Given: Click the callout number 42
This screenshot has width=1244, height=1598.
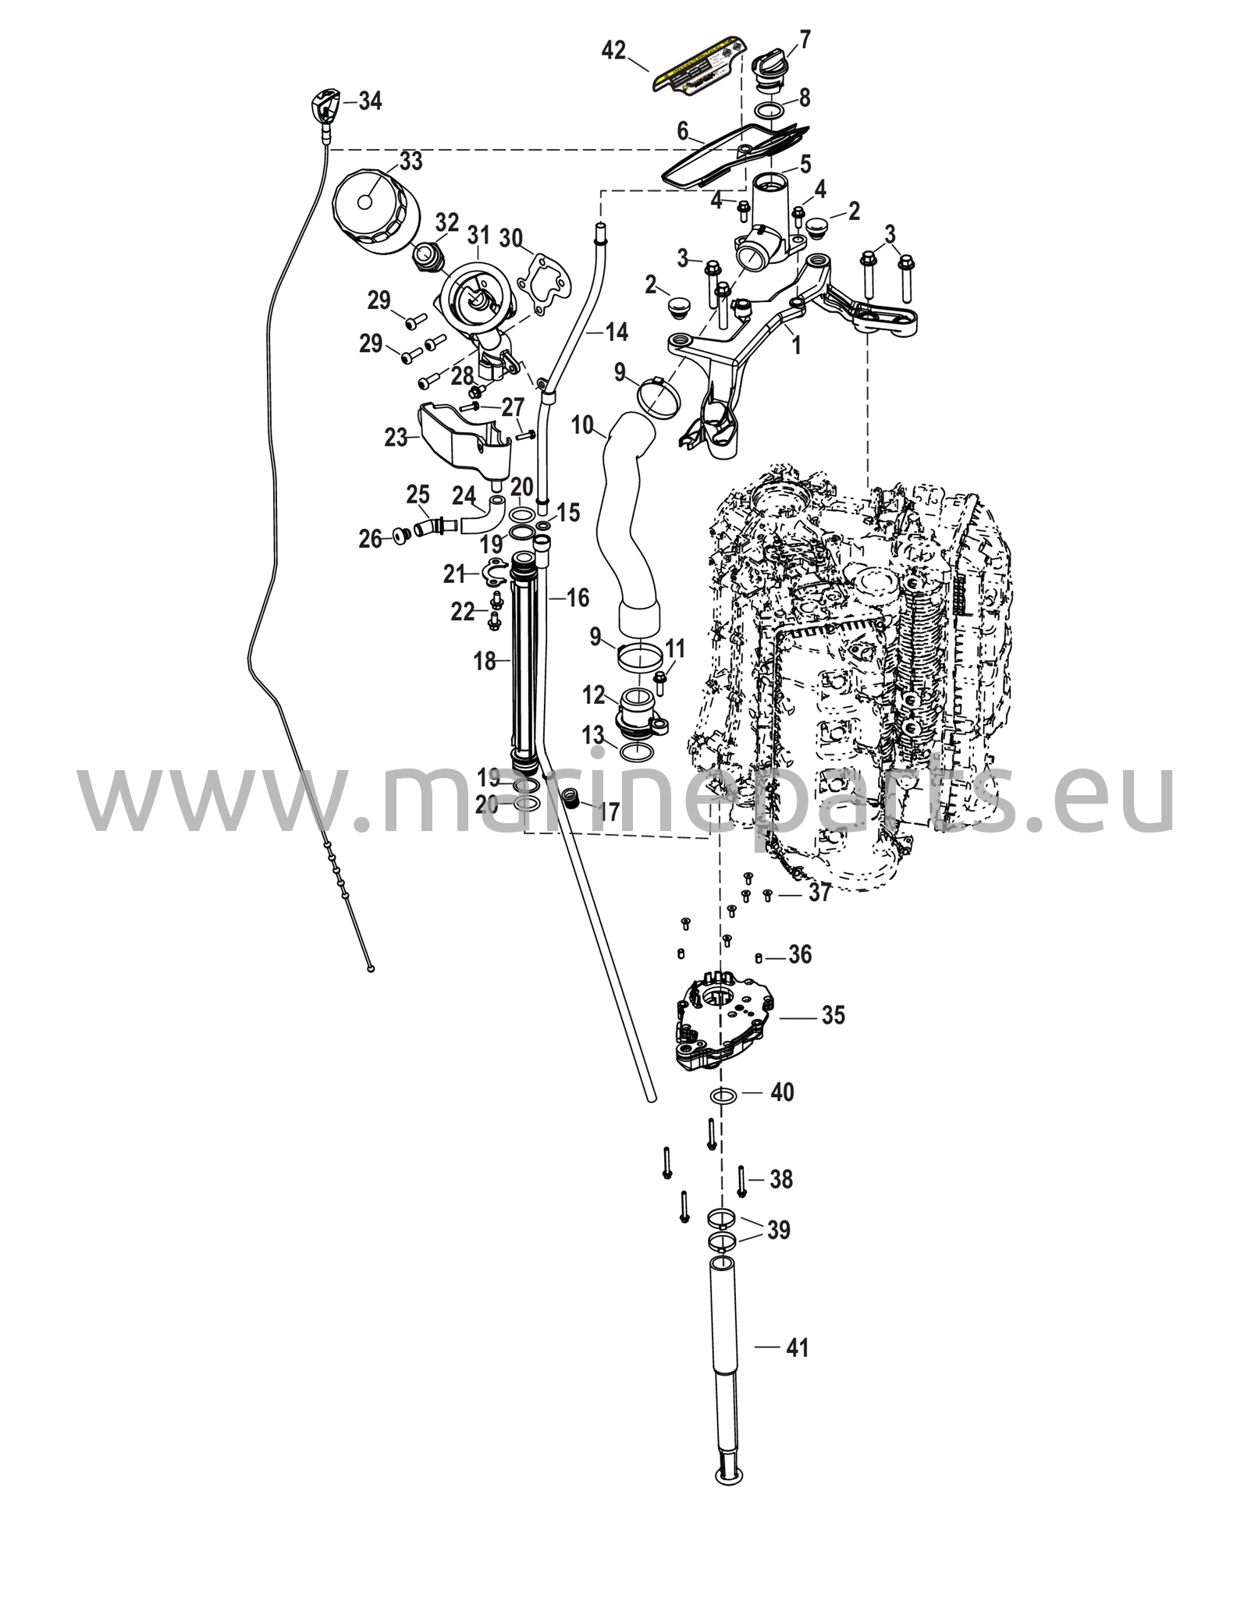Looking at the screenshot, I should [613, 51].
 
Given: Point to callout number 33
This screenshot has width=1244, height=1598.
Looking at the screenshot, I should [411, 162].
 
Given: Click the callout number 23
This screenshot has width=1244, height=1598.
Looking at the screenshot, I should [396, 438].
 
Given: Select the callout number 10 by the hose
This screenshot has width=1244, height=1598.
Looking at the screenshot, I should [582, 425].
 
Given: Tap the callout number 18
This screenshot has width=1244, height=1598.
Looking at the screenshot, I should [485, 661].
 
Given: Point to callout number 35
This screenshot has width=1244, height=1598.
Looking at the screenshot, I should [833, 1015].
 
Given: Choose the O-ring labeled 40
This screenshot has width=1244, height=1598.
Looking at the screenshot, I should [723, 1096].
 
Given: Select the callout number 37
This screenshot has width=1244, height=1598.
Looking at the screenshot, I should [819, 893].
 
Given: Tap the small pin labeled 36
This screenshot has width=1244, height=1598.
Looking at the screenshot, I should [759, 957].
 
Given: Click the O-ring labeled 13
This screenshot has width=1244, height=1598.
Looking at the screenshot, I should [637, 752].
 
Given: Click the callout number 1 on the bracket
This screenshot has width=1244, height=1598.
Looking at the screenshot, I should [796, 345].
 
